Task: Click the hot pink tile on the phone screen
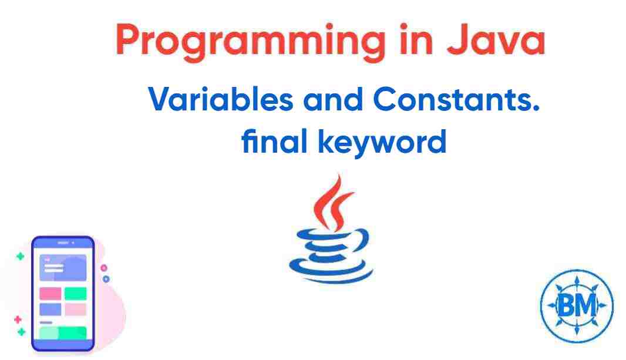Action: pos(50,293)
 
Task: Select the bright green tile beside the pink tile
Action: pos(75,293)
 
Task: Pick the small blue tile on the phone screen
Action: pos(50,309)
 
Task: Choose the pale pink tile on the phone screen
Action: pos(75,309)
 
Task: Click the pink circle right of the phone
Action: pos(104,268)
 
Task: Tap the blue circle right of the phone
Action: pos(106,279)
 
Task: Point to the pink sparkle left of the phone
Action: pos(17,319)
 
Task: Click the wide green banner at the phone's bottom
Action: pos(62,333)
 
